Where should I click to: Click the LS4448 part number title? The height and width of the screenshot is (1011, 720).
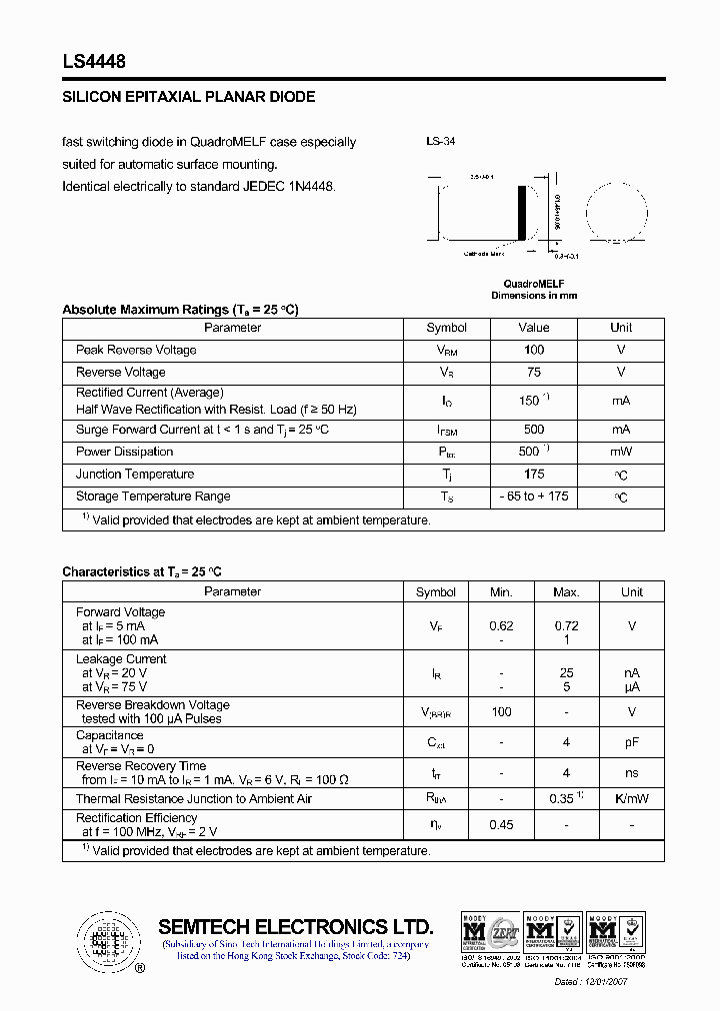coord(94,61)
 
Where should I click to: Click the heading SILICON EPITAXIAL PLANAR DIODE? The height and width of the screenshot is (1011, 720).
coord(189,97)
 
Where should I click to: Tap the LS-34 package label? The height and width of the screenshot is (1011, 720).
coord(441,142)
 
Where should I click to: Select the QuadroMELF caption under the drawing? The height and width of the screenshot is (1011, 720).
coord(533,284)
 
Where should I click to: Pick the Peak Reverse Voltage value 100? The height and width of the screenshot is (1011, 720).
coord(534,350)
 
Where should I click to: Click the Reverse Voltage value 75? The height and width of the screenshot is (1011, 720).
coord(534,372)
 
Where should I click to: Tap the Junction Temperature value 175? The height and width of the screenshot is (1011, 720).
coord(534,474)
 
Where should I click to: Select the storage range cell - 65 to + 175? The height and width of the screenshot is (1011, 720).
coord(534,497)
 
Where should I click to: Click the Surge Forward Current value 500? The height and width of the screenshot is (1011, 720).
coord(534,430)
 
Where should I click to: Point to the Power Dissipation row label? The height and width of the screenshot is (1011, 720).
coord(125,452)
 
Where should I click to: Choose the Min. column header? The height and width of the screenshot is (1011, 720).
coord(501,592)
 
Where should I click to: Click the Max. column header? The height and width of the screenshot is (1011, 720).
coord(566,592)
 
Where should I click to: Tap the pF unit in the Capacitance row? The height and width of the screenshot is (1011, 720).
coord(632,742)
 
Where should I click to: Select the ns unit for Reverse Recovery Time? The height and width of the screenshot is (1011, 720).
coord(632,772)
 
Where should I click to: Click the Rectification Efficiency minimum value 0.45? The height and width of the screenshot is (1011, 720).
coord(501,824)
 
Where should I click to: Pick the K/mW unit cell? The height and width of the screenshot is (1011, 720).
coord(632,799)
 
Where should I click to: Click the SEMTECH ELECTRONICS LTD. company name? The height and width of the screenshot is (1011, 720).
coord(296,927)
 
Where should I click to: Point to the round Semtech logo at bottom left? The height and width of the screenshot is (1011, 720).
coord(105,940)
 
